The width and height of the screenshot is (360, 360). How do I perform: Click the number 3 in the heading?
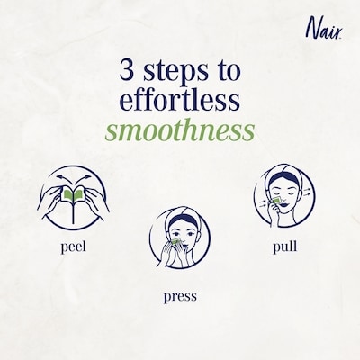[x=127, y=70]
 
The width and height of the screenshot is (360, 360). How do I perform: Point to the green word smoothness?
[x=180, y=131]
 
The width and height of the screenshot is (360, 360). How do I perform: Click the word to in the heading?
[x=227, y=71]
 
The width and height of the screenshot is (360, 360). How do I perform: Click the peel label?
[x=73, y=247]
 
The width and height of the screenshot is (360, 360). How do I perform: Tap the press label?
[x=180, y=296]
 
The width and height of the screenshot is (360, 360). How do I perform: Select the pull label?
[x=284, y=247]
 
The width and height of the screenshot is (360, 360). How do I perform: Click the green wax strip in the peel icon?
[x=73, y=194]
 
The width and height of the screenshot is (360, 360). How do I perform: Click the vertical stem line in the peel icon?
[x=73, y=212]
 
